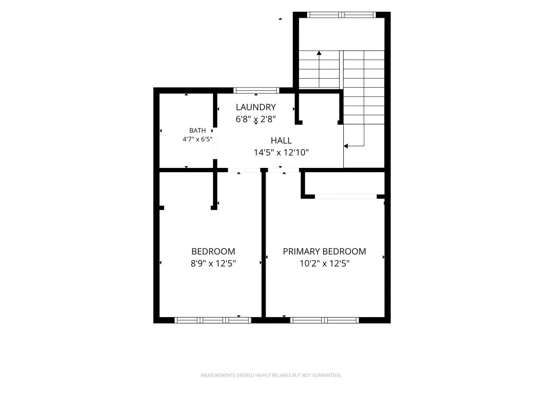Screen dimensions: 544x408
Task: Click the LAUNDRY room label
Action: pyautogui.click(x=256, y=107)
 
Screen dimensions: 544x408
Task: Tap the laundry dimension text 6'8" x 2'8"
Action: pyautogui.click(x=256, y=119)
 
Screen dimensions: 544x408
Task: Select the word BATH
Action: pyautogui.click(x=198, y=131)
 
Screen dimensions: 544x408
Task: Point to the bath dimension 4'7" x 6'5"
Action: pyautogui.click(x=198, y=139)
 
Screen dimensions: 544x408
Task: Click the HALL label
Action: pyautogui.click(x=281, y=140)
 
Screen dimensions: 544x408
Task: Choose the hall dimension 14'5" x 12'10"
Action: pyautogui.click(x=281, y=152)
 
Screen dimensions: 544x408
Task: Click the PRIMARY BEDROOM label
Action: pyautogui.click(x=325, y=251)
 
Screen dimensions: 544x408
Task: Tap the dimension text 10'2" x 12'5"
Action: pyautogui.click(x=325, y=263)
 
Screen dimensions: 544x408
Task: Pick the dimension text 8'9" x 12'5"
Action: pyautogui.click(x=213, y=263)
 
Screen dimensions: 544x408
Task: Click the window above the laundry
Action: pyautogui.click(x=257, y=90)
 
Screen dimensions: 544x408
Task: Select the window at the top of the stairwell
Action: pyautogui.click(x=342, y=14)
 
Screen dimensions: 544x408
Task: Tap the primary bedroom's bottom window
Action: pyautogui.click(x=325, y=320)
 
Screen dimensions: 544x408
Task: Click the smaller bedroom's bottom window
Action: pyautogui.click(x=212, y=320)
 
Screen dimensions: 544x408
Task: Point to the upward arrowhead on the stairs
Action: pyautogui.click(x=319, y=53)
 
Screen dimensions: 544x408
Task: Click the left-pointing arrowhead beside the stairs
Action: pyautogui.click(x=345, y=146)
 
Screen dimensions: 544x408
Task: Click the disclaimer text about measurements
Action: pyautogui.click(x=271, y=375)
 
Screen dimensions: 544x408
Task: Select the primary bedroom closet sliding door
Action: pyautogui.click(x=345, y=197)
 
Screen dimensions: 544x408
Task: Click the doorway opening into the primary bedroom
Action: pyautogui.click(x=284, y=170)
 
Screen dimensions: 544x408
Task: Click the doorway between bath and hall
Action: pyautogui.click(x=215, y=143)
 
